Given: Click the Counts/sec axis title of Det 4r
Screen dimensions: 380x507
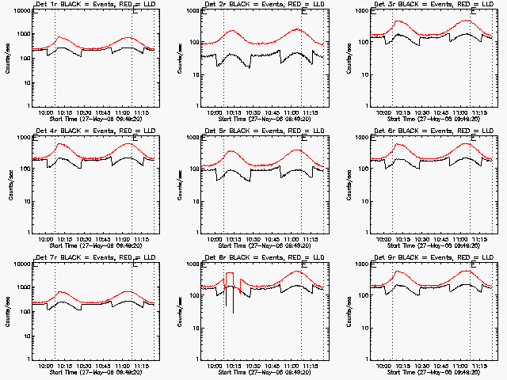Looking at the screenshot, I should tap(8, 184).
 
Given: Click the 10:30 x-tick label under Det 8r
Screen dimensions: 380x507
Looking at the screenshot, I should tap(253, 367).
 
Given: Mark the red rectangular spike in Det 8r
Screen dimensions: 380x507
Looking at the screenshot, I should tap(230, 274).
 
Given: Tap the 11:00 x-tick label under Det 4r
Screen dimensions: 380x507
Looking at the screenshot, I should tap(124, 240).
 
